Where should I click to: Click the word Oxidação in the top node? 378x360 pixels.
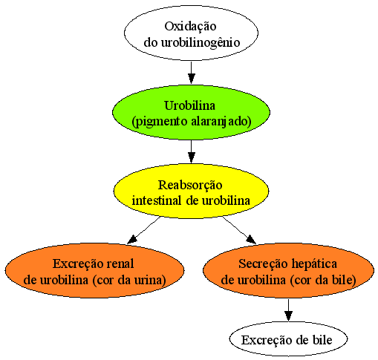point(190,27)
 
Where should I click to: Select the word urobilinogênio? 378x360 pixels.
point(201,42)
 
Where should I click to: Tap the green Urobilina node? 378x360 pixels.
point(191,113)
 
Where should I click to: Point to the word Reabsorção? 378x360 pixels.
point(190,186)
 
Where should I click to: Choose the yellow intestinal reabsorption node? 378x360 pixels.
point(191,191)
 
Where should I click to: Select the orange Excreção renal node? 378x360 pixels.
point(94,270)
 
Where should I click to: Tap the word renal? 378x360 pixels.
point(120,264)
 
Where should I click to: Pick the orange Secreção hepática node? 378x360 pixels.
point(288,270)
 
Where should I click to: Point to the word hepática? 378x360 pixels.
point(314,264)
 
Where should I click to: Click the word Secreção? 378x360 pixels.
point(264,264)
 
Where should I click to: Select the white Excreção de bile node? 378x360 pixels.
point(288,339)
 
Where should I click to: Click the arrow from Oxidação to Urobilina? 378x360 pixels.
point(191,73)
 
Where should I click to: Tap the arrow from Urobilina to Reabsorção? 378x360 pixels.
point(191,151)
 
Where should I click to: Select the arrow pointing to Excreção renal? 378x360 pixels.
point(143,230)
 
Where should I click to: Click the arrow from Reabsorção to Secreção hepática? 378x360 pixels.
point(239,230)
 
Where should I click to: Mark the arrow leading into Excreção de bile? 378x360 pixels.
point(288,310)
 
